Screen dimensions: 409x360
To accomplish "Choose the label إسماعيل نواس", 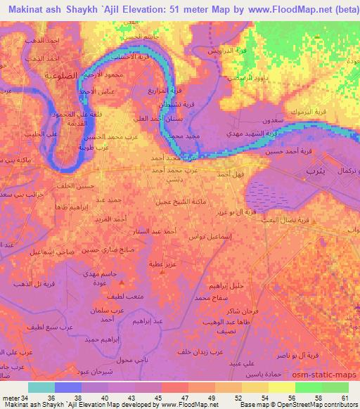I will (210, 237).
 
